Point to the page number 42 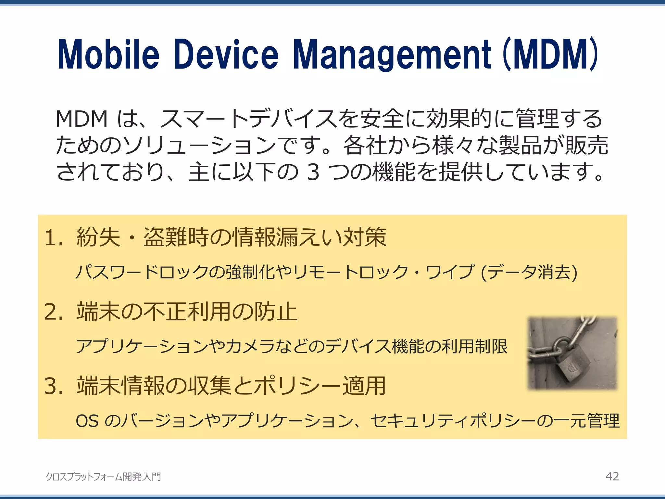[x=612, y=476]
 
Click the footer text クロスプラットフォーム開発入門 [x=103, y=477]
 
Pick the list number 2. [x=53, y=312]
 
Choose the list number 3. [x=53, y=386]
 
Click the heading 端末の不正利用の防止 [x=187, y=312]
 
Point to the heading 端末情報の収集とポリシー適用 [x=231, y=386]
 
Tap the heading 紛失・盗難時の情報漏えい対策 [x=232, y=237]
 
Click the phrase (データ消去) [x=529, y=272]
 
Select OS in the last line [x=87, y=421]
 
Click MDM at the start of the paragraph [x=82, y=119]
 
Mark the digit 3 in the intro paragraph [x=313, y=172]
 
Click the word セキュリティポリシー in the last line [x=453, y=421]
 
